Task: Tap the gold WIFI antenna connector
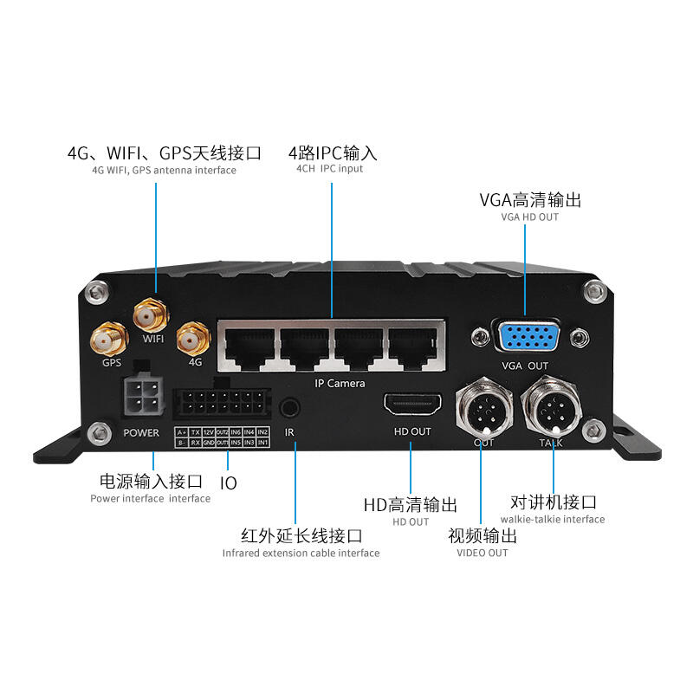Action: [149, 313]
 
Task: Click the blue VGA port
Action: [525, 336]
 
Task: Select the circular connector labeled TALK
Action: [550, 405]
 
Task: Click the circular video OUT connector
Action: [483, 407]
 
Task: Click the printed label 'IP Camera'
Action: [339, 383]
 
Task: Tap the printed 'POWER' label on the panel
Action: [141, 432]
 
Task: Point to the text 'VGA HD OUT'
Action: [530, 217]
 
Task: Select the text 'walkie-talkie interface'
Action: [554, 519]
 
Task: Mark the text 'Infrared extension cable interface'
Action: [301, 553]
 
